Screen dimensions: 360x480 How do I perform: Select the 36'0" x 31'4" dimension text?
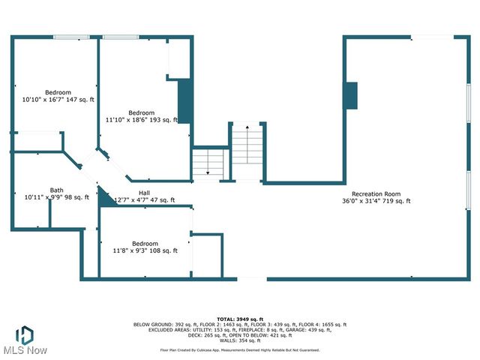[x=376, y=201]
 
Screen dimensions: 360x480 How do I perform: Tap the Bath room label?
[x=57, y=190]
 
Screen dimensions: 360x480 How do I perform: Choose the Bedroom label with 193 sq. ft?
[x=141, y=112]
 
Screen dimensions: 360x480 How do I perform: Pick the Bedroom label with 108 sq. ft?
[x=145, y=244]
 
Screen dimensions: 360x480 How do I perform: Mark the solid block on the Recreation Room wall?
[x=349, y=95]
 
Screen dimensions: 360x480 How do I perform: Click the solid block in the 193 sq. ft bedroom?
[x=184, y=101]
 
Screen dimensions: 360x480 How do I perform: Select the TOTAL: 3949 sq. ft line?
[x=239, y=319]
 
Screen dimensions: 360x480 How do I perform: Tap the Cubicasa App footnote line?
[x=239, y=350]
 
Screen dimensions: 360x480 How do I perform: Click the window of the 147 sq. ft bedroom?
[x=71, y=37]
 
